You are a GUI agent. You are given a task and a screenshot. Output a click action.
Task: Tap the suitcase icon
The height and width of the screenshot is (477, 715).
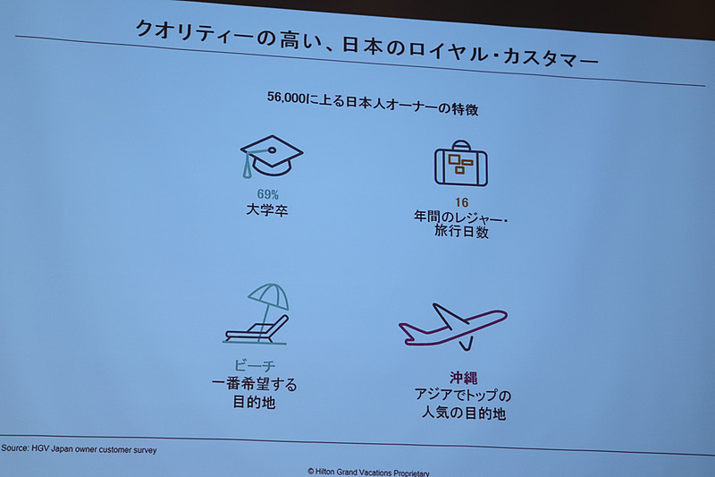coord(461,164)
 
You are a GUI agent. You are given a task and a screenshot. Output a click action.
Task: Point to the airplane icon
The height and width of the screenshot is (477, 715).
coord(452,326)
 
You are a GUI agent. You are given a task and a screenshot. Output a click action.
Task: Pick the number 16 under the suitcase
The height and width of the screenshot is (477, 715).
coord(462,201)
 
